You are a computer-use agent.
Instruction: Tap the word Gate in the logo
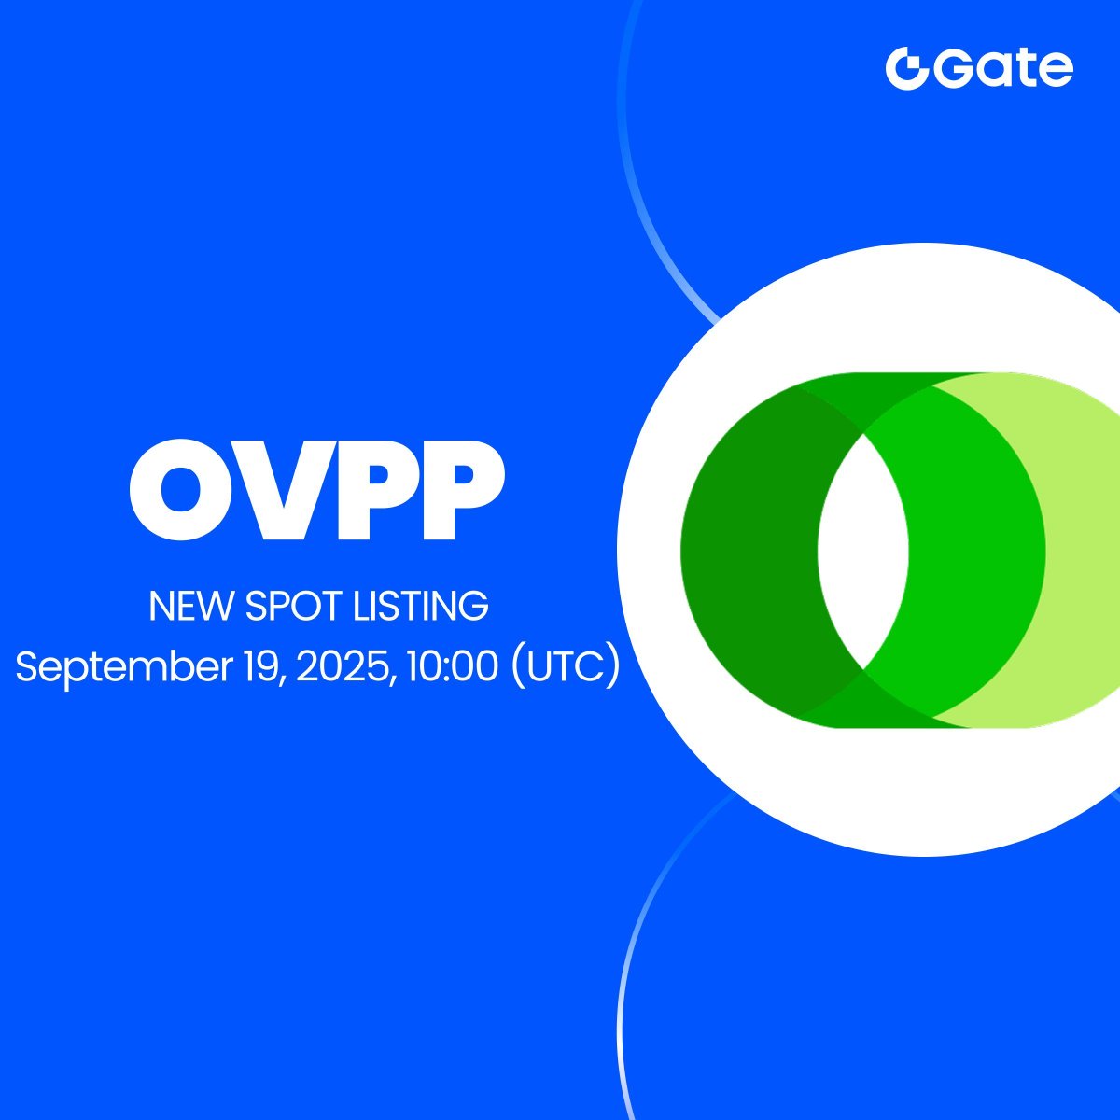point(1002,68)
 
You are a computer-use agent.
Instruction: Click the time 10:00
point(452,666)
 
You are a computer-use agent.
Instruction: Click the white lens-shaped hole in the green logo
point(863,550)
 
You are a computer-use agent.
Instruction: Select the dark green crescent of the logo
point(756,550)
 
